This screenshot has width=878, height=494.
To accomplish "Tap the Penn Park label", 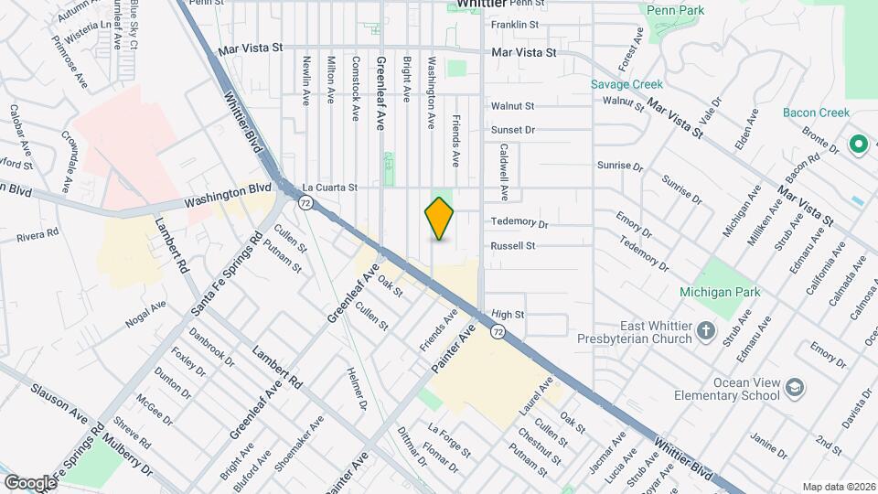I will (x=675, y=10).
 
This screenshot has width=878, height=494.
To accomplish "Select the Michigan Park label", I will (x=719, y=293).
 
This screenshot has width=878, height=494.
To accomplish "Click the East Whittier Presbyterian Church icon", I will (x=705, y=331).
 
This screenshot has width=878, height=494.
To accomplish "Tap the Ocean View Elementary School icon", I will (x=796, y=390).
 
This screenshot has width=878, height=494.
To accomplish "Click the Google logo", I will (x=30, y=482).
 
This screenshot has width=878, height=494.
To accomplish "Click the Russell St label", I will (x=512, y=246).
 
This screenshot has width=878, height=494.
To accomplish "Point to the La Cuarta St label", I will (x=328, y=187).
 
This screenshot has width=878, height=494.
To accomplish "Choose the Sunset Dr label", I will (x=512, y=130).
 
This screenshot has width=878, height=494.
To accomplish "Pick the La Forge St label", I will (x=449, y=439).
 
